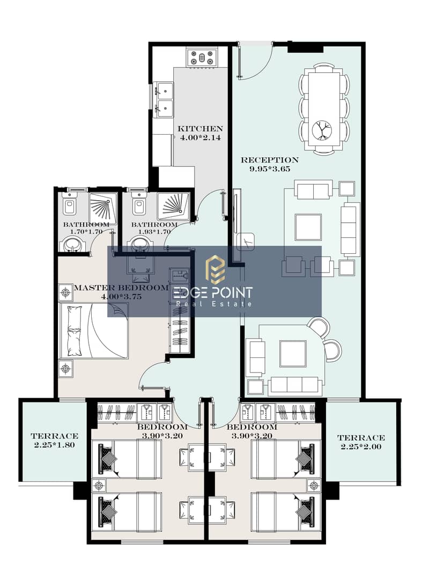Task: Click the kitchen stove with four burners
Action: [x=202, y=57]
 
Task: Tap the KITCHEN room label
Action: [x=200, y=129]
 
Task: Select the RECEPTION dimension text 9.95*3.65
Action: [x=270, y=169]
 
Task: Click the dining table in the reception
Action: [x=324, y=109]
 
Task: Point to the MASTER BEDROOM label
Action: [x=121, y=288]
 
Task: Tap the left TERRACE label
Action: [x=55, y=436]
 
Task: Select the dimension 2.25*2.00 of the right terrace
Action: [x=361, y=447]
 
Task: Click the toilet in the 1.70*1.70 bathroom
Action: [x=69, y=205]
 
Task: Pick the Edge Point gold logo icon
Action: [x=215, y=269]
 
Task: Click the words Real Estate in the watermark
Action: [x=214, y=304]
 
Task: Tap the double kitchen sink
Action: [x=164, y=100]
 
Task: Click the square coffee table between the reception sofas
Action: [x=308, y=227]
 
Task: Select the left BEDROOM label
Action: [x=162, y=427]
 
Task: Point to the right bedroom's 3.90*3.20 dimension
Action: [x=252, y=436]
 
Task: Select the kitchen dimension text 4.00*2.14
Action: [x=200, y=137]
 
